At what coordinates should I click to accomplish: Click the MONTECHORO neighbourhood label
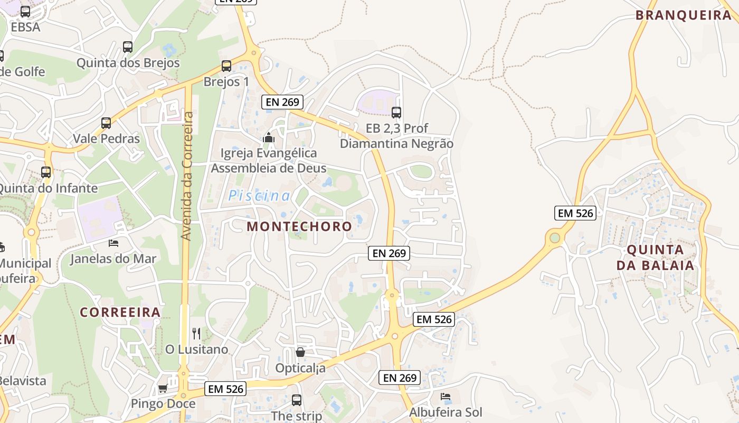click(299, 226)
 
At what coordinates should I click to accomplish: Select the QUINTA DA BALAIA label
click(656, 258)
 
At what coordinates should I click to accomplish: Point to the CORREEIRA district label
click(120, 312)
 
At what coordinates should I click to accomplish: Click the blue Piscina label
click(259, 196)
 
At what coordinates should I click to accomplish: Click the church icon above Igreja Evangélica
click(269, 138)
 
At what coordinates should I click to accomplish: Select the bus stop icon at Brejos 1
click(226, 66)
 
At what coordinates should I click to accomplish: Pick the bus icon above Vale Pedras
click(106, 123)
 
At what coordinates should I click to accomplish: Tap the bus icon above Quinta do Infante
click(46, 172)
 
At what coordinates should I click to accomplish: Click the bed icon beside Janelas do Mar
click(113, 243)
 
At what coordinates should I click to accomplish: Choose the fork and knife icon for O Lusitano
click(196, 333)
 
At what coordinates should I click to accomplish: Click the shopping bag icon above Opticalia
click(300, 352)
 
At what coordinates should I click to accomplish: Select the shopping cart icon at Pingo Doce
click(163, 389)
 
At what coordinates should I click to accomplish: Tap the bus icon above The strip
click(297, 400)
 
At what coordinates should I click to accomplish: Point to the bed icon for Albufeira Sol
click(446, 396)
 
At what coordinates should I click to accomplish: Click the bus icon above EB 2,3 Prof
click(396, 112)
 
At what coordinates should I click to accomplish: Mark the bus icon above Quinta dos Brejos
click(128, 47)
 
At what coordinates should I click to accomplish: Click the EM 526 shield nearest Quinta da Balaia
click(575, 213)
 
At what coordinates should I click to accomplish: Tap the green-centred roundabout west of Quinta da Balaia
click(554, 238)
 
